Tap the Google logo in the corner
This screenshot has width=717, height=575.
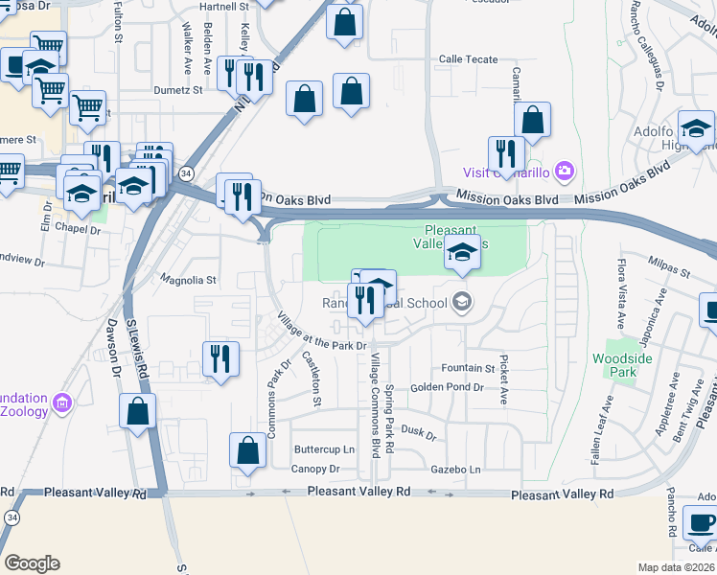[32, 563]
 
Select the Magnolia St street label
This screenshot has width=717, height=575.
[189, 281]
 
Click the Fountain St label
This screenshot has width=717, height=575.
[468, 368]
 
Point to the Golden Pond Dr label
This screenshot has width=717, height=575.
[448, 388]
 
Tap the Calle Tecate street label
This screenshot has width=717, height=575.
[468, 59]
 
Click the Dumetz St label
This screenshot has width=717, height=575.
[178, 90]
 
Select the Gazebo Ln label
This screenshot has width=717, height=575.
[454, 470]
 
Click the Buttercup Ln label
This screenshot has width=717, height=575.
[324, 449]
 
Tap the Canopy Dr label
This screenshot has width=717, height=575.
[316, 470]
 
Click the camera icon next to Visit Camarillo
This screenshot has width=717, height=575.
[565, 172]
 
